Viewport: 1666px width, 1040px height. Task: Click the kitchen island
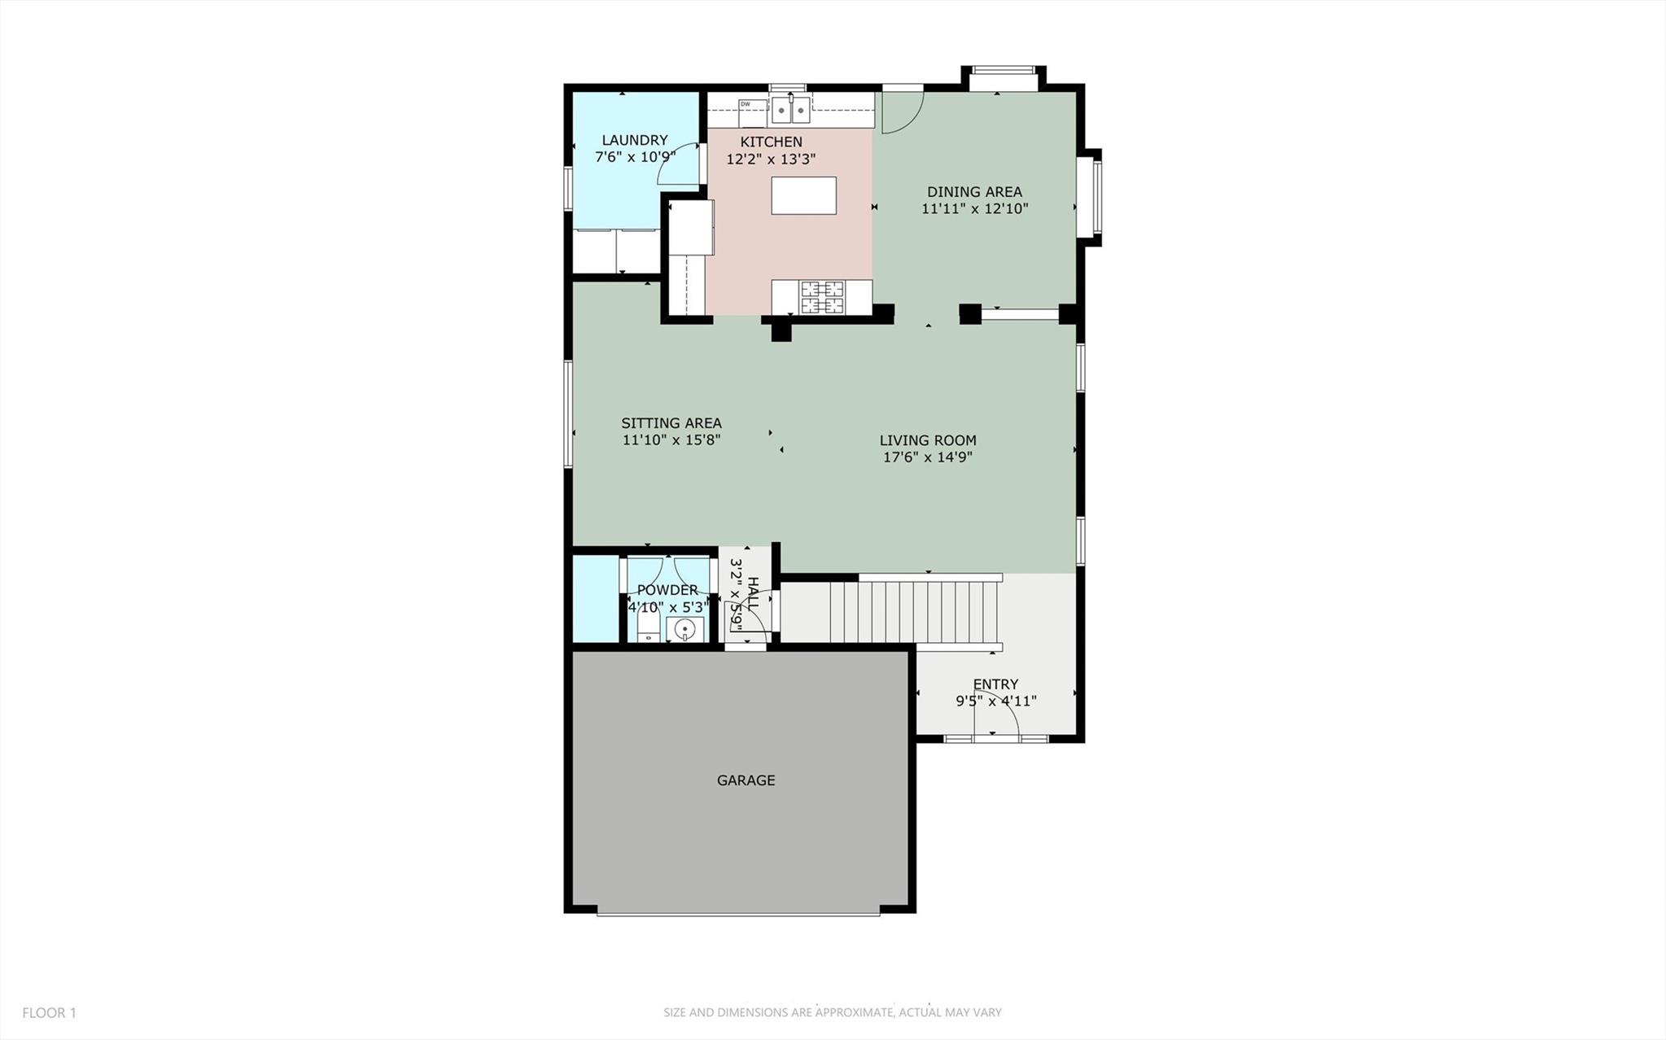(x=803, y=195)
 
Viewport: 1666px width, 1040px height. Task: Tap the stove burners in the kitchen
(x=821, y=297)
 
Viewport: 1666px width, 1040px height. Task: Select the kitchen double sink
(x=791, y=109)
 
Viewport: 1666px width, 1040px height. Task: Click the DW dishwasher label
(x=745, y=104)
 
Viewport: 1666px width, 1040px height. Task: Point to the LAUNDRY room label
(x=634, y=140)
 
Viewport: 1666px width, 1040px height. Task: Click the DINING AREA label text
(x=974, y=192)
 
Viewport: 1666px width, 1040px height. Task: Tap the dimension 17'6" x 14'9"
(x=927, y=457)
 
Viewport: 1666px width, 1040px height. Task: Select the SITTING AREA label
(x=671, y=423)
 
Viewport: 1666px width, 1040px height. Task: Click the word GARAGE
(x=746, y=780)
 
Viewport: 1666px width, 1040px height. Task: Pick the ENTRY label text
(x=995, y=684)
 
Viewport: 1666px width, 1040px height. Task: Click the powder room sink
(x=685, y=629)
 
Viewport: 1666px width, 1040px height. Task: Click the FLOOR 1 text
(x=49, y=1013)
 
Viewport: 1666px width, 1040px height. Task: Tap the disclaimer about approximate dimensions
(x=832, y=1013)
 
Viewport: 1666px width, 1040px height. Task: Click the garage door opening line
(x=737, y=914)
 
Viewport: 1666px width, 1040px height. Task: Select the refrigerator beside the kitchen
(x=690, y=228)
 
